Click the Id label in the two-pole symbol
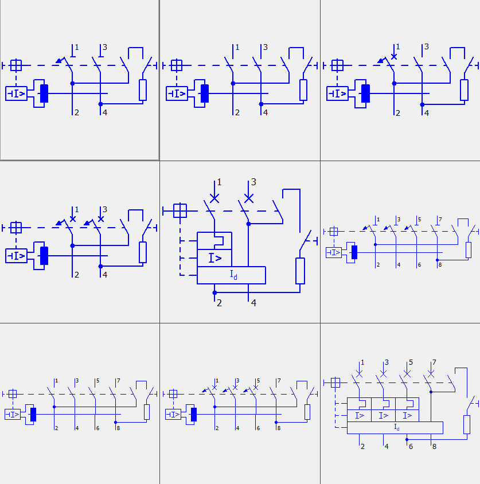[233, 275]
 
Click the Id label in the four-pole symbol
[397, 427]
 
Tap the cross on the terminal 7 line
[431, 374]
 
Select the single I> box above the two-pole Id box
[214, 257]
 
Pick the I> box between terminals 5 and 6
[407, 416]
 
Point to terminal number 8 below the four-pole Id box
[434, 446]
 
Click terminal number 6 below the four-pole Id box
[411, 446]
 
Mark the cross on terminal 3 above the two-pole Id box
[248, 198]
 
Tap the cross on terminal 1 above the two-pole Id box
[214, 198]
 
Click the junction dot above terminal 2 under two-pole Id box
[214, 292]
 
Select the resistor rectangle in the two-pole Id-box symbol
[300, 271]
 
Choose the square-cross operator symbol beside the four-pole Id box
[335, 382]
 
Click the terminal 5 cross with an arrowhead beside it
[256, 388]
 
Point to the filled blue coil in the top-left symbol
[44, 93]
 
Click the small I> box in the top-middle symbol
[177, 93]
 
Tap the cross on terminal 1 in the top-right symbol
[394, 57]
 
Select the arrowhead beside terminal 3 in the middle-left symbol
[87, 223]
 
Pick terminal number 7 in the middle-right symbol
[440, 220]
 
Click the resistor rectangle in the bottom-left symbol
[147, 412]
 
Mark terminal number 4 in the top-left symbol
[105, 112]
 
